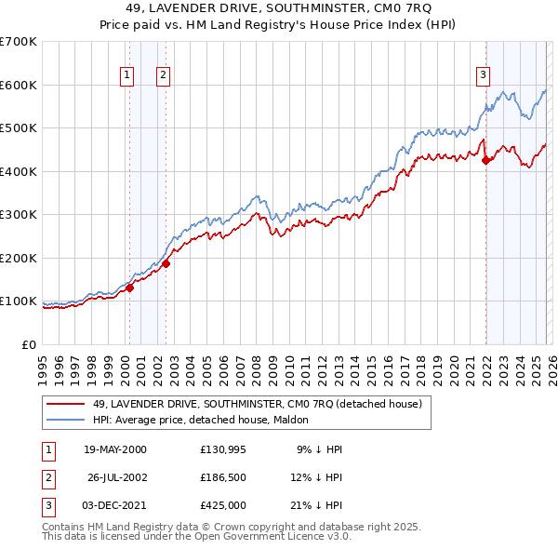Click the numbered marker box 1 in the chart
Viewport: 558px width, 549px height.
point(126,76)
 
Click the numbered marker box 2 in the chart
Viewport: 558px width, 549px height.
point(162,76)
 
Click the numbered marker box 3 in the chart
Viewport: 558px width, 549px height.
point(483,76)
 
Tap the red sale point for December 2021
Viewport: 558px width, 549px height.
point(485,160)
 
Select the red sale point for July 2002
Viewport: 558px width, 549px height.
point(166,263)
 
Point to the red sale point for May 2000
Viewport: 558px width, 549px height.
point(130,288)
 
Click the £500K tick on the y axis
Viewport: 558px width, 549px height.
point(19,128)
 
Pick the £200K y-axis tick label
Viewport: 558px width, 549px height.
point(19,258)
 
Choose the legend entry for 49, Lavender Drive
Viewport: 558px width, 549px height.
point(257,404)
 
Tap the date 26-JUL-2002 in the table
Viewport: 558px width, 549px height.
point(117,477)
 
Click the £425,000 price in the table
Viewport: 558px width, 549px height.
point(222,506)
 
